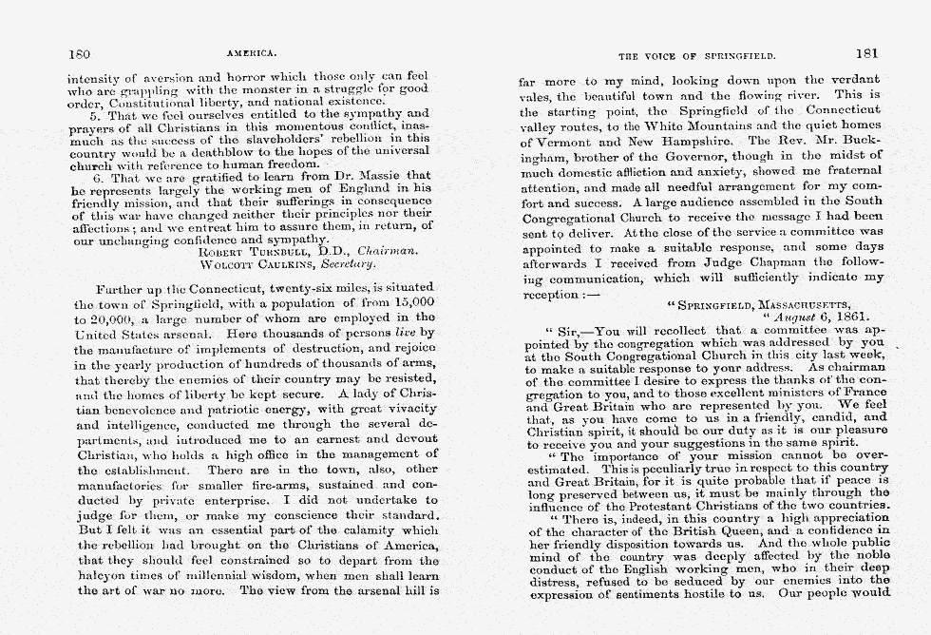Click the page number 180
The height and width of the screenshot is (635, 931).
[79, 53]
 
